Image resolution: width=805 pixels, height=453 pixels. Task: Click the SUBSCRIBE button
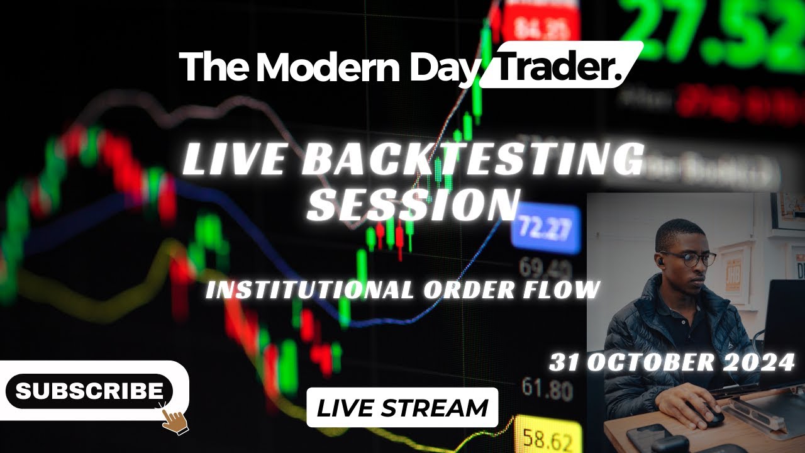pos(89,391)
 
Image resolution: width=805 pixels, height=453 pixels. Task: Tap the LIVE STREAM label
pos(402,408)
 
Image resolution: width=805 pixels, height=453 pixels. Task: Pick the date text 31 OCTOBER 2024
pos(672,362)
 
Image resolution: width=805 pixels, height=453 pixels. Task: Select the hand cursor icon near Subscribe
pos(174,417)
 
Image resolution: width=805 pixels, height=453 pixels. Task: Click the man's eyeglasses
pos(689,258)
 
